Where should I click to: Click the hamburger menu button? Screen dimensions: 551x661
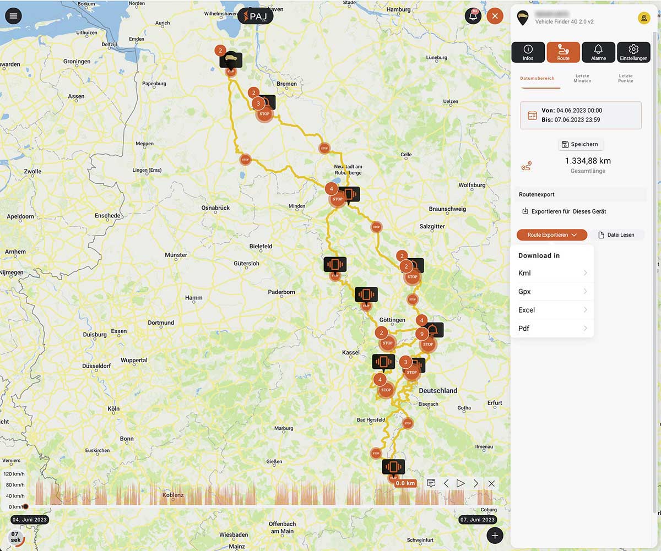pyautogui.click(x=13, y=15)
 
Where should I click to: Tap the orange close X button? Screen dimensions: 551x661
pyautogui.click(x=495, y=16)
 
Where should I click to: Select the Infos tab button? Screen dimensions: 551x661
pyautogui.click(x=528, y=52)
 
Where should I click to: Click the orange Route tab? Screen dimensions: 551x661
pyautogui.click(x=563, y=52)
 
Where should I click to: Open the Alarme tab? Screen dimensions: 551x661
pyautogui.click(x=598, y=52)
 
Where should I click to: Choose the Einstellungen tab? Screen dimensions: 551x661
pyautogui.click(x=633, y=52)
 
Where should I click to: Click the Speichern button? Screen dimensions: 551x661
pyautogui.click(x=581, y=144)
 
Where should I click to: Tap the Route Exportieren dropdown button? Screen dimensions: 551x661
pyautogui.click(x=551, y=235)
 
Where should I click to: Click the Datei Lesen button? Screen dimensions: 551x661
pyautogui.click(x=616, y=235)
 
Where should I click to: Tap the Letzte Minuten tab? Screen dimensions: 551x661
pyautogui.click(x=582, y=78)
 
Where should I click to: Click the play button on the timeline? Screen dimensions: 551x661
pyautogui.click(x=460, y=483)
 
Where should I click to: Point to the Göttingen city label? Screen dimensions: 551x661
pyautogui.click(x=392, y=320)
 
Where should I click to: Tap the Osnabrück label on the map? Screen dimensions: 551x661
pyautogui.click(x=215, y=208)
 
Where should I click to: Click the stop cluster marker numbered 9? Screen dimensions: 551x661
pyautogui.click(x=421, y=334)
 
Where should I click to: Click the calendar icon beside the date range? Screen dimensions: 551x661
pyautogui.click(x=532, y=115)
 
